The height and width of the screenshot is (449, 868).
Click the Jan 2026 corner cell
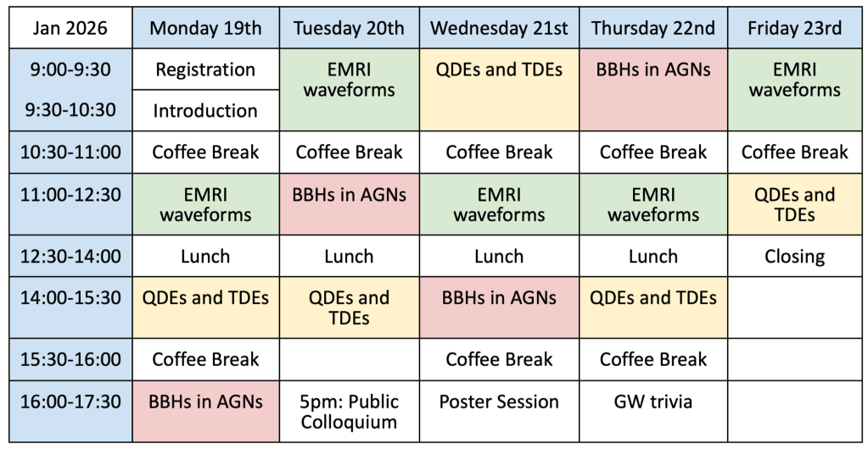pyautogui.click(x=71, y=28)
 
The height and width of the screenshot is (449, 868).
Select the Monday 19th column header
pyautogui.click(x=206, y=28)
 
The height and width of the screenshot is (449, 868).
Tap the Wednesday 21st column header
pyautogui.click(x=499, y=28)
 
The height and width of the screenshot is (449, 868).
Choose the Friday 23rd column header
pyautogui.click(x=795, y=28)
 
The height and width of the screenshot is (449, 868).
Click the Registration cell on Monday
pyautogui.click(x=206, y=69)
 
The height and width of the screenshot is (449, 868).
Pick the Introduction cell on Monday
pyautogui.click(x=206, y=111)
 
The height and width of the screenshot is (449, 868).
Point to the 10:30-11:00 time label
pyautogui.click(x=71, y=152)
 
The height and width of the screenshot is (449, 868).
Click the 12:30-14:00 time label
pyautogui.click(x=71, y=256)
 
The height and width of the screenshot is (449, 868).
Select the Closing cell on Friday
pyautogui.click(x=795, y=256)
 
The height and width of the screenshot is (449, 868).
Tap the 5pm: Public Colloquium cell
pyautogui.click(x=350, y=412)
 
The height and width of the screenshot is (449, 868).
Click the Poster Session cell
pyautogui.click(x=499, y=412)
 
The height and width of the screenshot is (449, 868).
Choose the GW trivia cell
pyautogui.click(x=653, y=412)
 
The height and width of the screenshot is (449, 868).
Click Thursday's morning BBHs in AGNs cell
pyautogui.click(x=653, y=90)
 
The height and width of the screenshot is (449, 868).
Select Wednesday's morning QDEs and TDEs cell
pyautogui.click(x=499, y=90)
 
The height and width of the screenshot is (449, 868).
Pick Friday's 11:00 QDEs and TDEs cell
pyautogui.click(x=795, y=204)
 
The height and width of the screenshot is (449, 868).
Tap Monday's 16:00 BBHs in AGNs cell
pyautogui.click(x=206, y=412)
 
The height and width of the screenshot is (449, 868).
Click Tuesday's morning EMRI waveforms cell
pyautogui.click(x=350, y=90)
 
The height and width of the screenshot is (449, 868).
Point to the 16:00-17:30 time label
pyautogui.click(x=71, y=412)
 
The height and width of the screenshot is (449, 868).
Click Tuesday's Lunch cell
pyautogui.click(x=350, y=256)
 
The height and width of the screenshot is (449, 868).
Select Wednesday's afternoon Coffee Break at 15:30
pyautogui.click(x=499, y=359)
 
